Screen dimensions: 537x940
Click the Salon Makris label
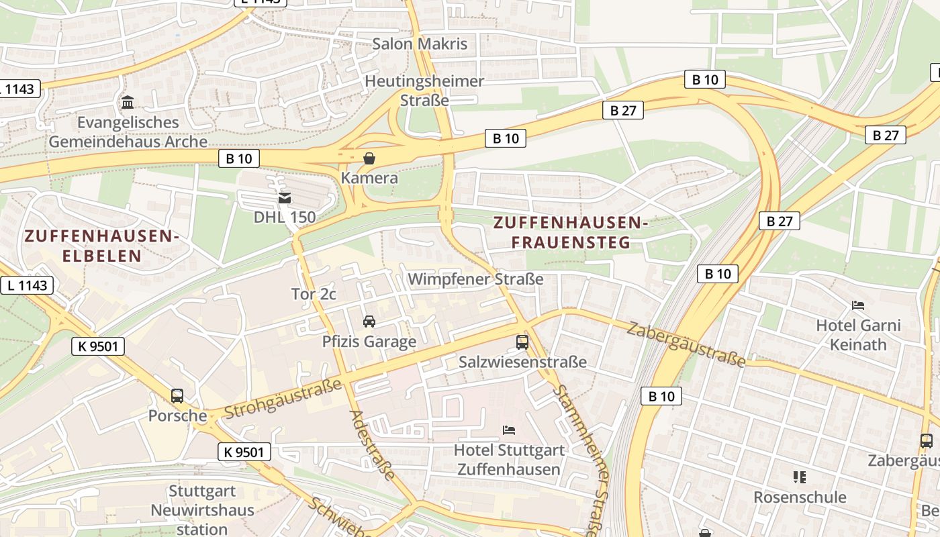coord(420,44)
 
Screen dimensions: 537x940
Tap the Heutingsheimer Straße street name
coord(424,91)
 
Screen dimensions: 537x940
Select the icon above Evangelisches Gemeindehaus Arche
coord(128,103)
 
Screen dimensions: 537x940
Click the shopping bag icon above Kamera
coord(369,158)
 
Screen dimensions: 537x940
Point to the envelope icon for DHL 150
coord(285,198)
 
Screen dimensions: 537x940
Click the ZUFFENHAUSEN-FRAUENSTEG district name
coord(571,232)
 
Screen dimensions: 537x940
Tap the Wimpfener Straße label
coord(475,279)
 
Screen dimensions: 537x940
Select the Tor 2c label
coord(314,294)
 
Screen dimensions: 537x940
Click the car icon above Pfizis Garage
coord(369,322)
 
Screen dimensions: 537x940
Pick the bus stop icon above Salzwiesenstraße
coord(522,342)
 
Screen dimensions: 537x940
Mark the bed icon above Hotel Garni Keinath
coord(858,305)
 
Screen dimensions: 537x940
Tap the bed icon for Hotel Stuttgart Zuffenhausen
coord(509,430)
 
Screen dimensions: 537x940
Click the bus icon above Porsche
coord(177,396)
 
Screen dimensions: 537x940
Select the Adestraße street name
coord(373,445)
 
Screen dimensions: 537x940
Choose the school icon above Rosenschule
coord(799,477)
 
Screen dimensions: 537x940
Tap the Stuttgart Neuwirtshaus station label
coord(202,510)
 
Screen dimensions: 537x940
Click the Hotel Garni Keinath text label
coord(858,335)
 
